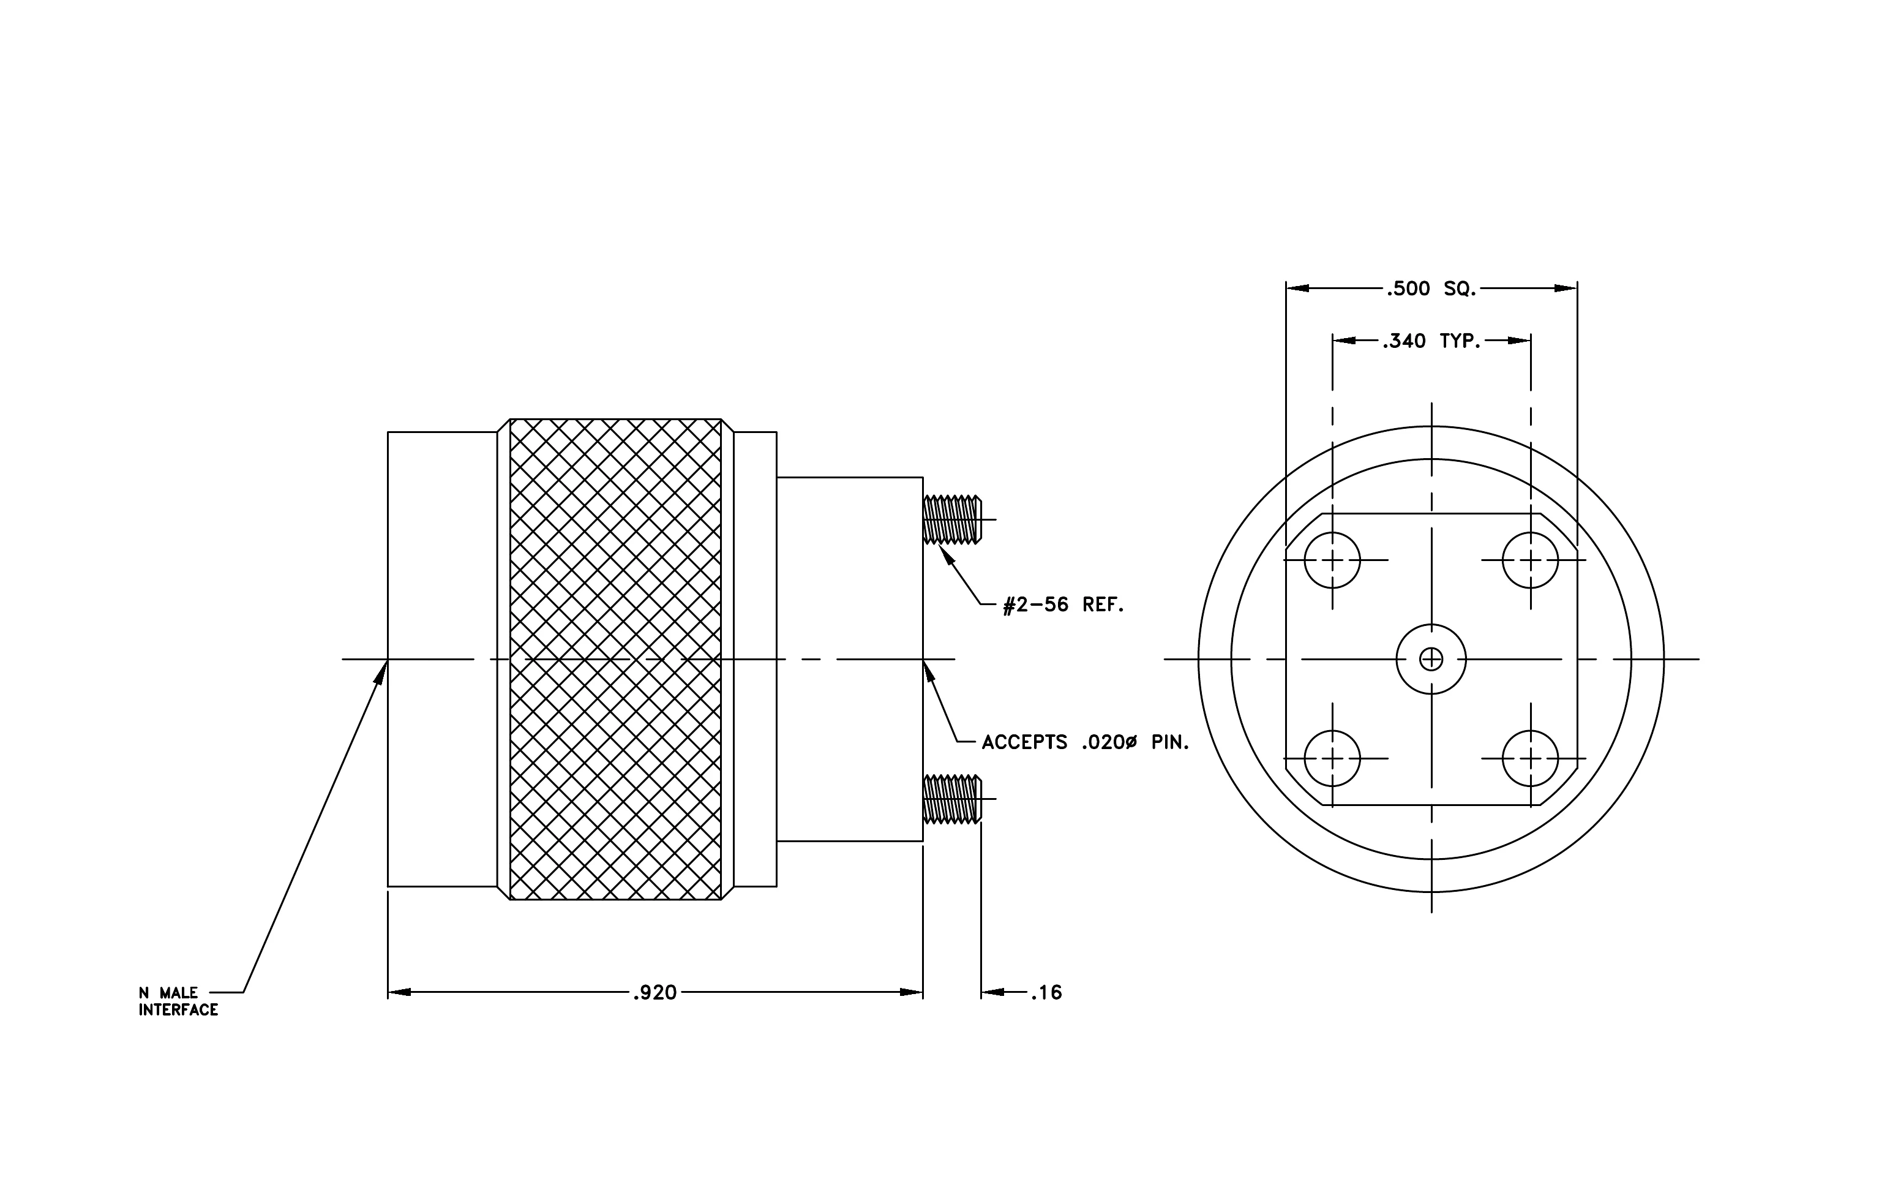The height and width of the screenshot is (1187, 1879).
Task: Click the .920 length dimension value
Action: (654, 993)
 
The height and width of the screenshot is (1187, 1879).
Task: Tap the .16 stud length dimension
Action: (1046, 993)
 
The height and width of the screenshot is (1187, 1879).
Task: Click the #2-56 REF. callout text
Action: (1063, 605)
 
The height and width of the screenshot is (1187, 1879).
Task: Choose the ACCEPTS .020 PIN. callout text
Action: (1086, 742)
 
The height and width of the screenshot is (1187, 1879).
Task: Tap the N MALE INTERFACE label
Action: (179, 1001)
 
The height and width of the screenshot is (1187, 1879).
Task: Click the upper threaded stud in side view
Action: (952, 520)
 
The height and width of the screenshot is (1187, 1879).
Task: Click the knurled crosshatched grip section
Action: (616, 660)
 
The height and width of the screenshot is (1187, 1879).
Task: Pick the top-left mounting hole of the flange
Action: (1332, 560)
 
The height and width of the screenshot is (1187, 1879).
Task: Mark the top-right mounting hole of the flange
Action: (1530, 560)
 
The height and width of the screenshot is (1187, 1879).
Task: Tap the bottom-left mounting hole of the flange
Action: (1332, 758)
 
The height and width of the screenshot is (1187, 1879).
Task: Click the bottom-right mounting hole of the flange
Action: (1530, 758)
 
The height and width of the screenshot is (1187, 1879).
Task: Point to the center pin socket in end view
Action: (1431, 660)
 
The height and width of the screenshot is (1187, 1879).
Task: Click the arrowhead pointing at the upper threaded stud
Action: (947, 555)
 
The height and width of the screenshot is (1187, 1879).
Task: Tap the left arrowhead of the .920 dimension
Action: (400, 993)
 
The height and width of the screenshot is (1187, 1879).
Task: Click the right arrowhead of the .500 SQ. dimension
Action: (1566, 288)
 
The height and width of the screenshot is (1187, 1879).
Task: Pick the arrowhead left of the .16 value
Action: (993, 993)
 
